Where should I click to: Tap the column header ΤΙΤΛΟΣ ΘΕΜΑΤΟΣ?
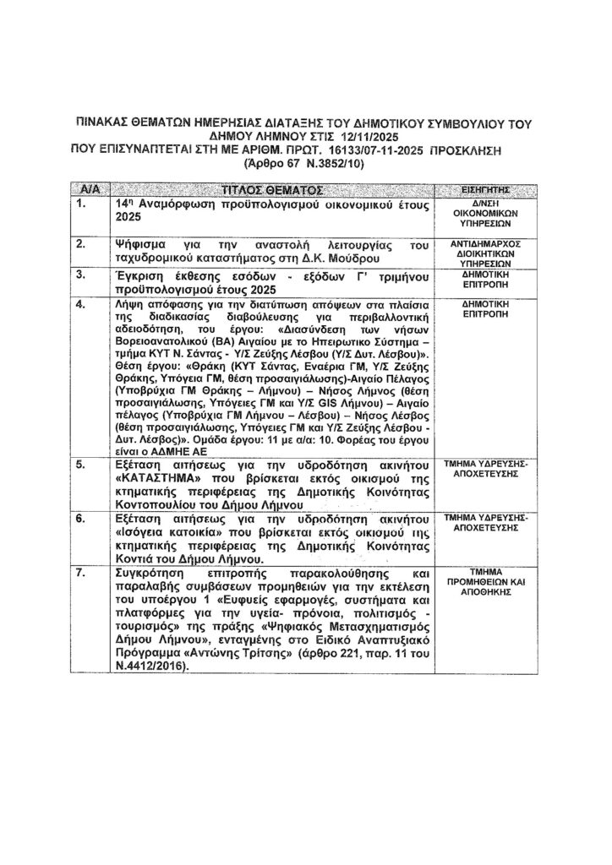coord(274,188)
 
